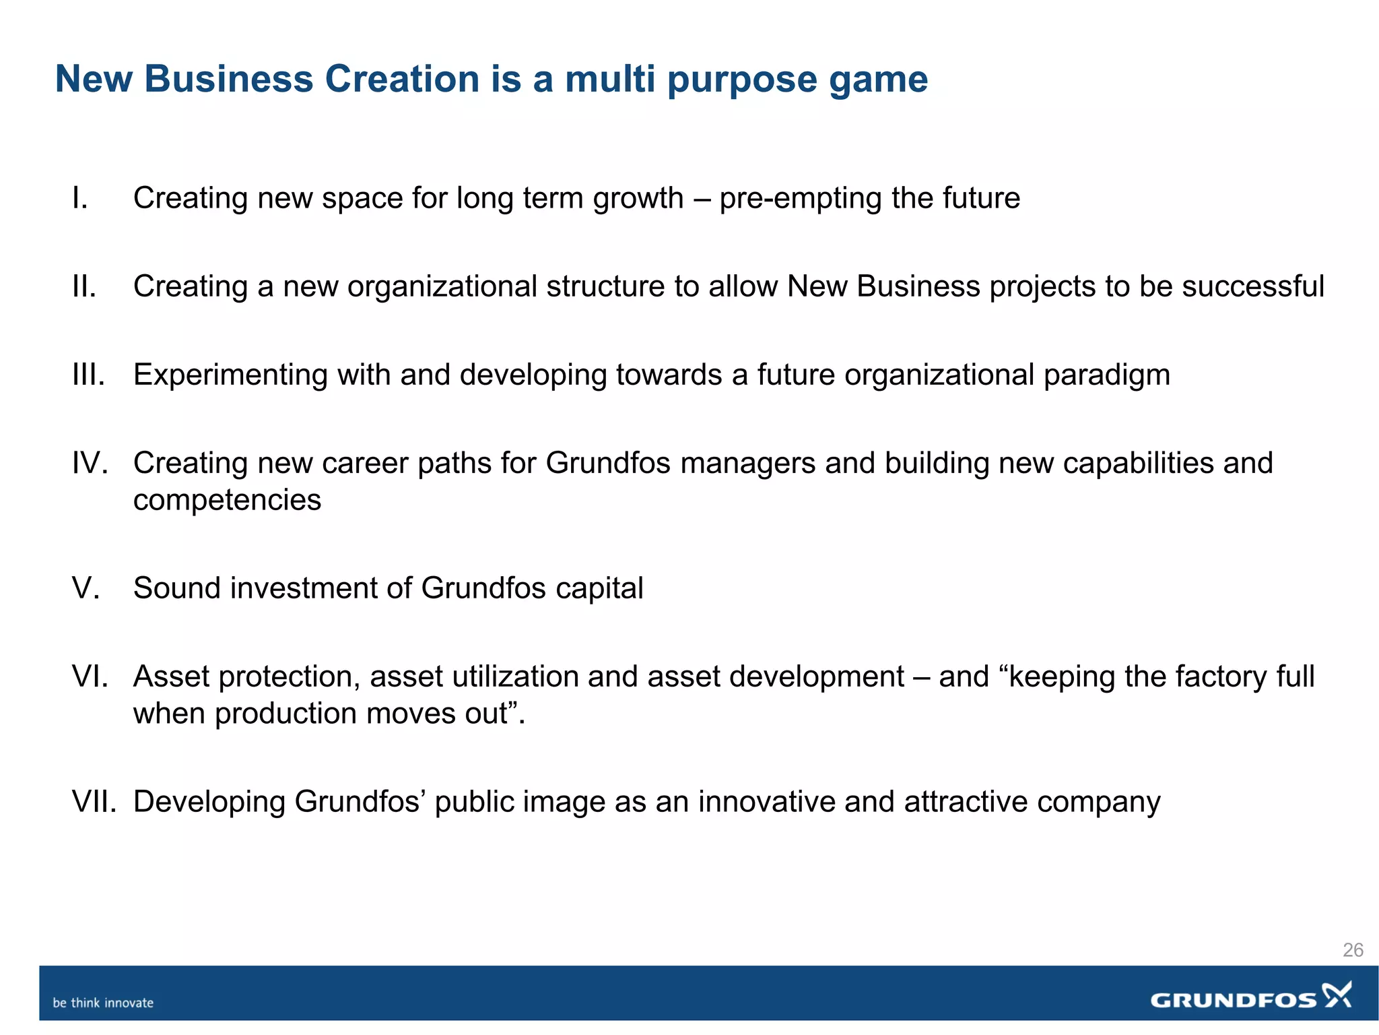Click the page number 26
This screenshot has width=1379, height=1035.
(x=1352, y=950)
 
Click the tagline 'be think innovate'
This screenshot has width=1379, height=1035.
(x=103, y=1003)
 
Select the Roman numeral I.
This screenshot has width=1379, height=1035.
(x=80, y=198)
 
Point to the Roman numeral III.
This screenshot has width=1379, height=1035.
(x=88, y=375)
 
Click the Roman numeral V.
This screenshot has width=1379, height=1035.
(x=86, y=588)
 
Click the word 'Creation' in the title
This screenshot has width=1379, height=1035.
(x=402, y=79)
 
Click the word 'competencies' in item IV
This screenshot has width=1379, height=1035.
(x=227, y=501)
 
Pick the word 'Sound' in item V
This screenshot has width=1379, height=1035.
(x=177, y=588)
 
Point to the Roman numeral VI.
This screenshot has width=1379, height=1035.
(x=90, y=676)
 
